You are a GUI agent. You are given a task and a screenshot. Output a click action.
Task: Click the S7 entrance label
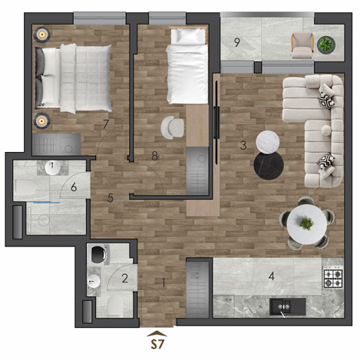157,344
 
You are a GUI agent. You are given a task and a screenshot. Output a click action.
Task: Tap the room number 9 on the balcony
237,42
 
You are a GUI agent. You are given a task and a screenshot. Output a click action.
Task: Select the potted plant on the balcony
326,45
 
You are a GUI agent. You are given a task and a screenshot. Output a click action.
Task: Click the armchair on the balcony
302,45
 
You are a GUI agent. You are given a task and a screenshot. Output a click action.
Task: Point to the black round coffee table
269,165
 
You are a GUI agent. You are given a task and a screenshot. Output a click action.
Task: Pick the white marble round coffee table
268,142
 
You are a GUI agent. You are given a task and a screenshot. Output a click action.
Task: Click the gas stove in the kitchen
333,278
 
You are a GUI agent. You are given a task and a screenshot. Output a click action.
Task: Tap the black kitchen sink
288,306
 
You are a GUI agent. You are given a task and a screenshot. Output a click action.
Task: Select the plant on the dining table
306,223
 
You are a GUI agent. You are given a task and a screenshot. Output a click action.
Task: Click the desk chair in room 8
173,127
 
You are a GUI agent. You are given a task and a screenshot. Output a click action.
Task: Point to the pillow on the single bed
188,37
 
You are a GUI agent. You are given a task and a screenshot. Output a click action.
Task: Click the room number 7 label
106,124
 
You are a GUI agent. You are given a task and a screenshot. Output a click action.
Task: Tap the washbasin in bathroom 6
52,167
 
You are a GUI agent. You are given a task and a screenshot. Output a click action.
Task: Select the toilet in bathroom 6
25,187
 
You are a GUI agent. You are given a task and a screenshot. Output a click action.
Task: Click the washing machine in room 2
100,254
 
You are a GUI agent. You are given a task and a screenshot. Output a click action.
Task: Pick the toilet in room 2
115,306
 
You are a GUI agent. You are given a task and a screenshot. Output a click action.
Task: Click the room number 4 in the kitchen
271,276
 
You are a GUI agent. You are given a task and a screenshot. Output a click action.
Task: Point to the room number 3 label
243,145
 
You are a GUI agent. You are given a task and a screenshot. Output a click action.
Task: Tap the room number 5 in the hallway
111,198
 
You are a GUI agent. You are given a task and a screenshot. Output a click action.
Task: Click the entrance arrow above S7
157,333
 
